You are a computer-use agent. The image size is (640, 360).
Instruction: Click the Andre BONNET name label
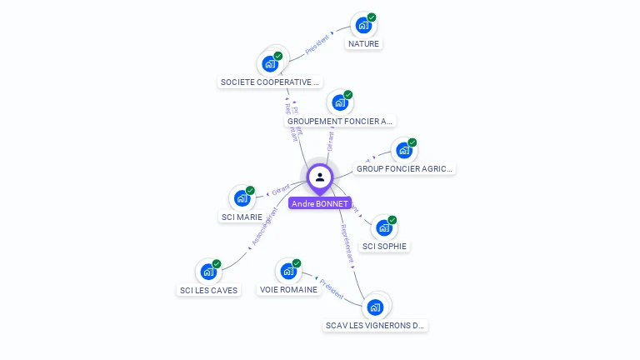320,203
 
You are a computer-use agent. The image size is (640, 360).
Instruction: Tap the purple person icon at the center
320,177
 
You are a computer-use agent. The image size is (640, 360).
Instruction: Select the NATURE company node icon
362,25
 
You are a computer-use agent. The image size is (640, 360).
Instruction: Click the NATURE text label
363,43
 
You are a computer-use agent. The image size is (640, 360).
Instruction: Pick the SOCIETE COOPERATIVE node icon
269,63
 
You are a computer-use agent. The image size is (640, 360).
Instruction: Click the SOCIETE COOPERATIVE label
269,82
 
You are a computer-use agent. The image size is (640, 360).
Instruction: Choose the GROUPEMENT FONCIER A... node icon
339,102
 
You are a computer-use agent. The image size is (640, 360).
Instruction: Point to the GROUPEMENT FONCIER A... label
339,121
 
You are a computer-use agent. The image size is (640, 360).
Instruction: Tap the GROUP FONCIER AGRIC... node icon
403,151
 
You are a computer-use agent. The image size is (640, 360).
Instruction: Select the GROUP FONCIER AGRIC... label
404,168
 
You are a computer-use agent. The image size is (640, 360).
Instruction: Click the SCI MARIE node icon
242,198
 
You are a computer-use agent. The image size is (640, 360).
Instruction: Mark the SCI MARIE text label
242,217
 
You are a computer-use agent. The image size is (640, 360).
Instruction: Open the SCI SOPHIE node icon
383,227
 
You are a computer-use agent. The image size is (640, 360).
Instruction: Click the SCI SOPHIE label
384,247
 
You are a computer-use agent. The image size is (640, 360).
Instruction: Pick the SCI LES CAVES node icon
207,272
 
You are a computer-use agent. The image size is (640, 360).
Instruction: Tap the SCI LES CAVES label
208,291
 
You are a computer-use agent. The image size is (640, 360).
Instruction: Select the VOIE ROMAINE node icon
287,271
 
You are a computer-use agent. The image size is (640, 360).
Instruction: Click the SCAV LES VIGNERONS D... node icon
375,307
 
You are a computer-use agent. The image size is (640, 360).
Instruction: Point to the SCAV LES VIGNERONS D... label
375,326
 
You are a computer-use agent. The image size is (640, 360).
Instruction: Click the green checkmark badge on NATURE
372,17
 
